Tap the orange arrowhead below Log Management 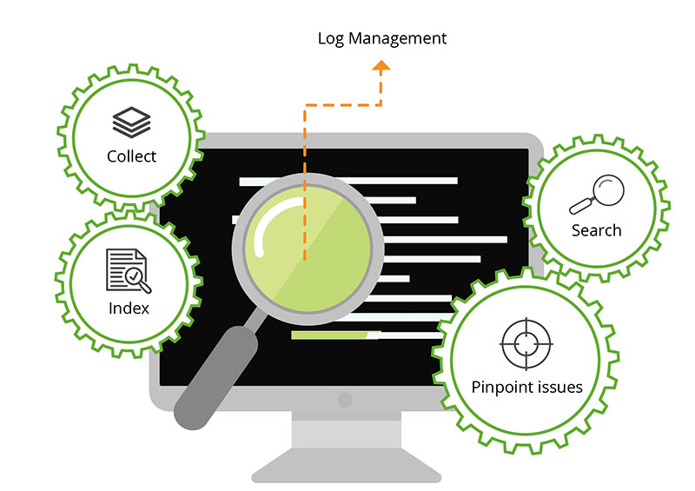coord(381,68)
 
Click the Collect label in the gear coord(132,156)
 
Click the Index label coord(129,308)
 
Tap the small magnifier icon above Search coord(597,195)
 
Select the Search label coord(597,230)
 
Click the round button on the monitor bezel coord(345,401)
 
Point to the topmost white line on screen coord(347,181)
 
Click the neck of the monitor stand coord(345,430)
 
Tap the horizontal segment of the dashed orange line coord(343,105)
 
